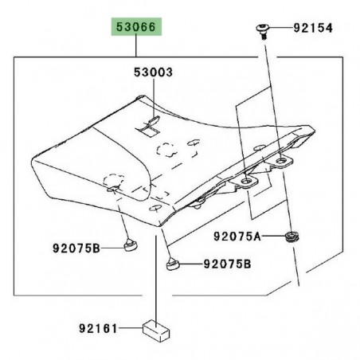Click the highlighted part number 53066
coord(136,27)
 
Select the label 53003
coord(153,72)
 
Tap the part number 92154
coord(313,28)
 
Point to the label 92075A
coord(237,237)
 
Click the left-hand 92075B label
coord(76,248)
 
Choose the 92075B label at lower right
coord(227,264)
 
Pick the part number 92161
coord(98,329)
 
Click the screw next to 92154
coord(263,31)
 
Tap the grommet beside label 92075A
coord(292,237)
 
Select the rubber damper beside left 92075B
coord(131,244)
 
